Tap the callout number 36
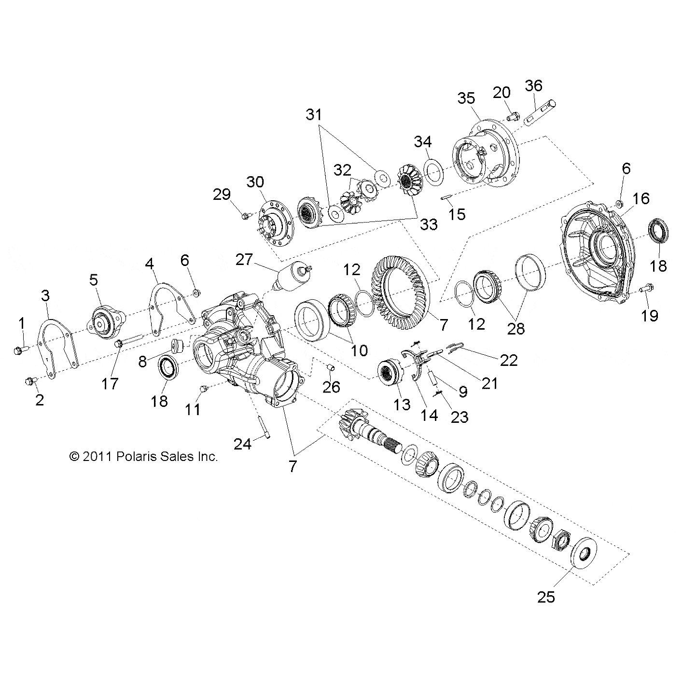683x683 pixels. [x=533, y=85]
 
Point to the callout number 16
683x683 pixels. [x=641, y=198]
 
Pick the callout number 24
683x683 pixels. [x=242, y=444]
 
